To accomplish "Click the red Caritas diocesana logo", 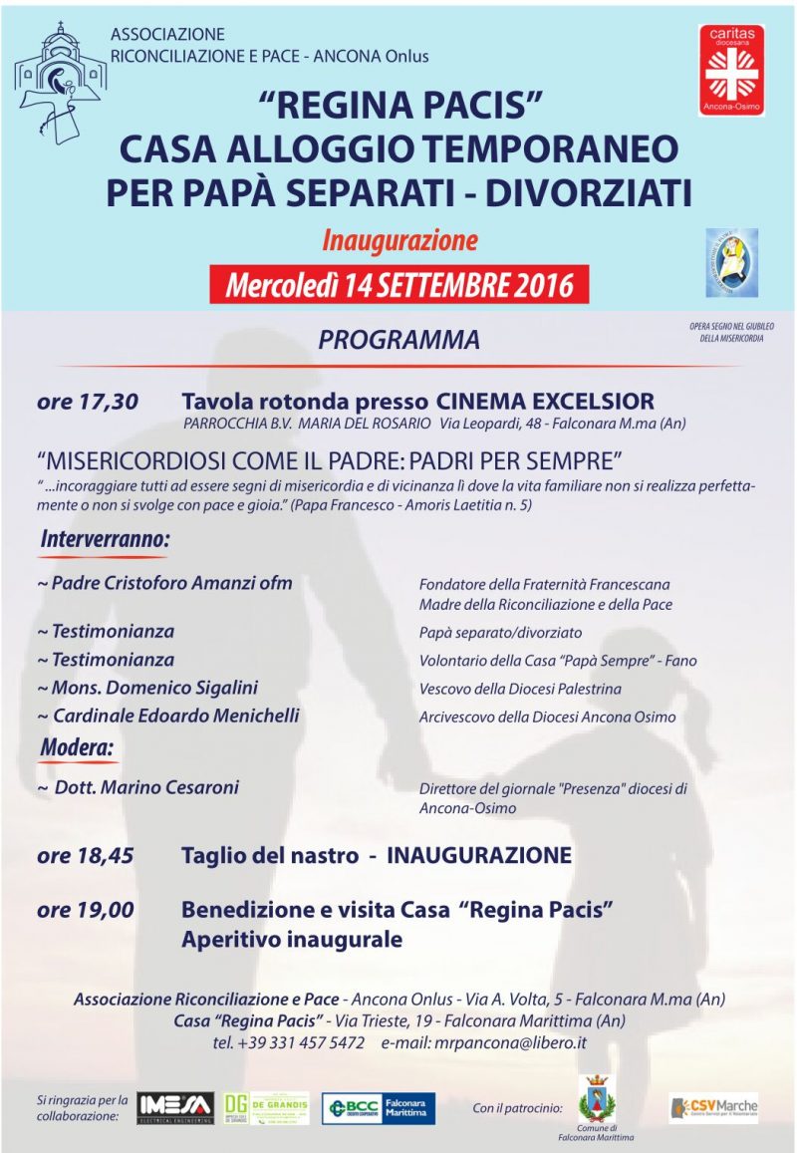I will point(731,70).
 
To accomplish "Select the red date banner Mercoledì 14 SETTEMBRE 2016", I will point(399,285).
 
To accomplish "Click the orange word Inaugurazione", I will point(399,241).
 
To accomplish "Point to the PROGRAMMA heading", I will point(398,340).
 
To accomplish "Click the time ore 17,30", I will point(87,402).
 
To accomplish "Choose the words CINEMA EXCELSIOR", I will point(545,402).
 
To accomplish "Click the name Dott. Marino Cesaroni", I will point(144,787).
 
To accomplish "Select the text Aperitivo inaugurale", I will point(292,939).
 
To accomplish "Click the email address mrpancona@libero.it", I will point(508,1043).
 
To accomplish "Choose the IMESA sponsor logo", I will point(174,1107).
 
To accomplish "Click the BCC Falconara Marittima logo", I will point(378,1108).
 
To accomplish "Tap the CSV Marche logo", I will point(713,1106).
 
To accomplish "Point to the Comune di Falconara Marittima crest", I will point(597,1100).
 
